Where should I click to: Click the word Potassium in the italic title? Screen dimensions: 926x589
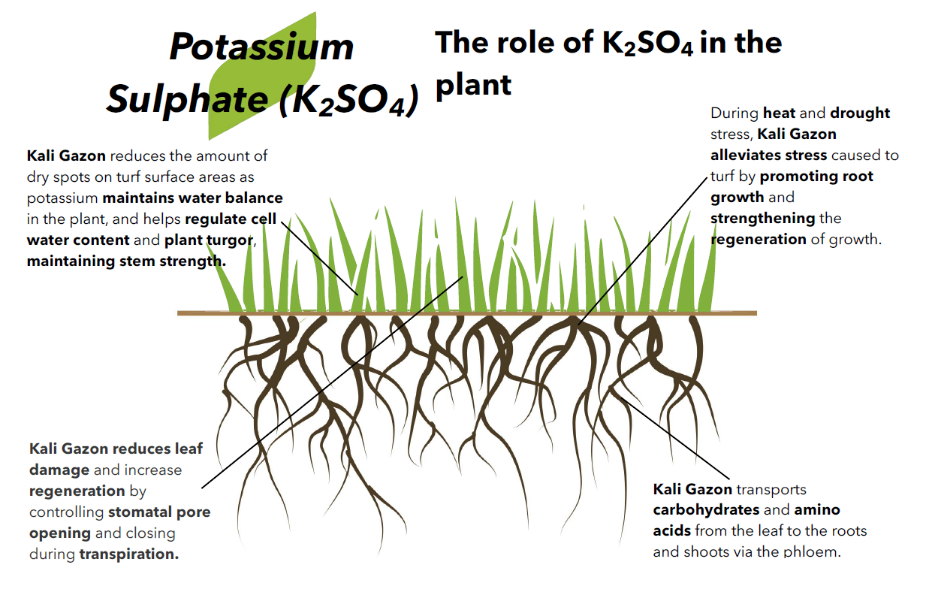(261, 47)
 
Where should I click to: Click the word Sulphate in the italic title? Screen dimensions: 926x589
(188, 99)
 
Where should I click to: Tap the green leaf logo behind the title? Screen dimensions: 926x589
(262, 77)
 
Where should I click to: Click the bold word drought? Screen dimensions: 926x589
(860, 113)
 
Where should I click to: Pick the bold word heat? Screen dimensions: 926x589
(780, 113)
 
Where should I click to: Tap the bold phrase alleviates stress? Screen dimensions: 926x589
(769, 155)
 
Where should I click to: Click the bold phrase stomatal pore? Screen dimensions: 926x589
(159, 512)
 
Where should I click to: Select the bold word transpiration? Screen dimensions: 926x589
(129, 554)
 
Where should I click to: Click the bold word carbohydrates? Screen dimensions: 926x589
(706, 510)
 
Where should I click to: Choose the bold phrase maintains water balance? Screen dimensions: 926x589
(193, 198)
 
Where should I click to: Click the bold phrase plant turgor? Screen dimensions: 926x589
(210, 240)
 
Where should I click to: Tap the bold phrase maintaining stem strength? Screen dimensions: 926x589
(126, 261)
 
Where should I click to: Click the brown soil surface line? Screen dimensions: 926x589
(467, 313)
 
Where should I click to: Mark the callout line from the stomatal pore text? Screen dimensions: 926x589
(333, 382)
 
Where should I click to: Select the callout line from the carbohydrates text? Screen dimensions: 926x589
(670, 433)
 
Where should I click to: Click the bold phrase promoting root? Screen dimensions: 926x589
(816, 177)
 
